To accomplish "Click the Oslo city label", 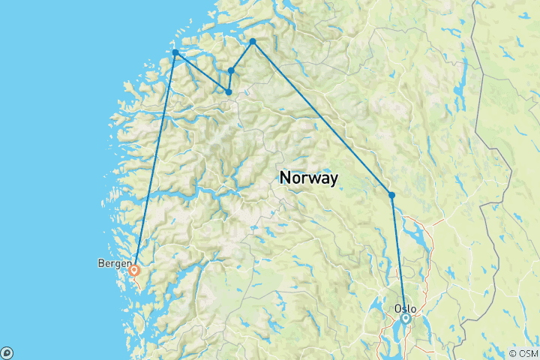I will click(405, 308).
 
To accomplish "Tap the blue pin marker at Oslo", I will click(406, 319).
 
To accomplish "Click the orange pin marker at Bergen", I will click(134, 270).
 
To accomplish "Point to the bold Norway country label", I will click(308, 178).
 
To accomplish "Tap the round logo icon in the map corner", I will click(7, 352).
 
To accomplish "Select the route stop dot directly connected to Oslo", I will click(391, 195).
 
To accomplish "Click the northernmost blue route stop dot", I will click(253, 41).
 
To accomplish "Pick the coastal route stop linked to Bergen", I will click(175, 52).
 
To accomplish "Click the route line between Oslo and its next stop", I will click(398, 255).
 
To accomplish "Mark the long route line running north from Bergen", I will click(155, 157).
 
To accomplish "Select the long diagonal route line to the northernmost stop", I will click(322, 118).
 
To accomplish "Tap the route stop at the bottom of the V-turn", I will click(228, 92).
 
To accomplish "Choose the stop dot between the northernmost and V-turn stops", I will click(231, 70).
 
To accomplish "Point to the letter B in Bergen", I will click(100, 263).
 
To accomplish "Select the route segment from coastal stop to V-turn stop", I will click(201, 72).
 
